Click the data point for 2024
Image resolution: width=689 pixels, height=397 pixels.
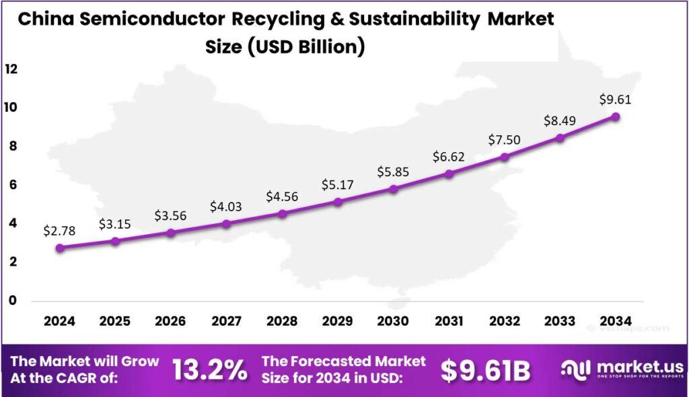pos(60,248)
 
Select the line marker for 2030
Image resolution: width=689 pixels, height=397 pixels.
pos(394,189)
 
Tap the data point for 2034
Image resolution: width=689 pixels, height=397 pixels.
pos(616,116)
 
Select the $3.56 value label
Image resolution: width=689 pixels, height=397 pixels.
pos(171,215)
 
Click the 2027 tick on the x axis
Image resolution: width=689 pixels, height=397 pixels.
pos(227,322)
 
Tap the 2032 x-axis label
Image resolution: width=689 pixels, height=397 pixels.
pos(505,322)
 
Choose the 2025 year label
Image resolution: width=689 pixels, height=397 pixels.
pos(115,322)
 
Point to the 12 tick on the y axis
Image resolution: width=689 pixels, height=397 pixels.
pos(11,69)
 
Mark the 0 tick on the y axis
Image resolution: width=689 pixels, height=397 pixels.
pos(11,301)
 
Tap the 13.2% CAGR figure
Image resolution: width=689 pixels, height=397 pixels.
pos(209,371)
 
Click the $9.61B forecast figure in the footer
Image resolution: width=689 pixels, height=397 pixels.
pos(486,371)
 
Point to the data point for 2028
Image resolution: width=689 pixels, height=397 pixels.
pos(283,214)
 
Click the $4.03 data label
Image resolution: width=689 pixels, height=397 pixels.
pos(227,205)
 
